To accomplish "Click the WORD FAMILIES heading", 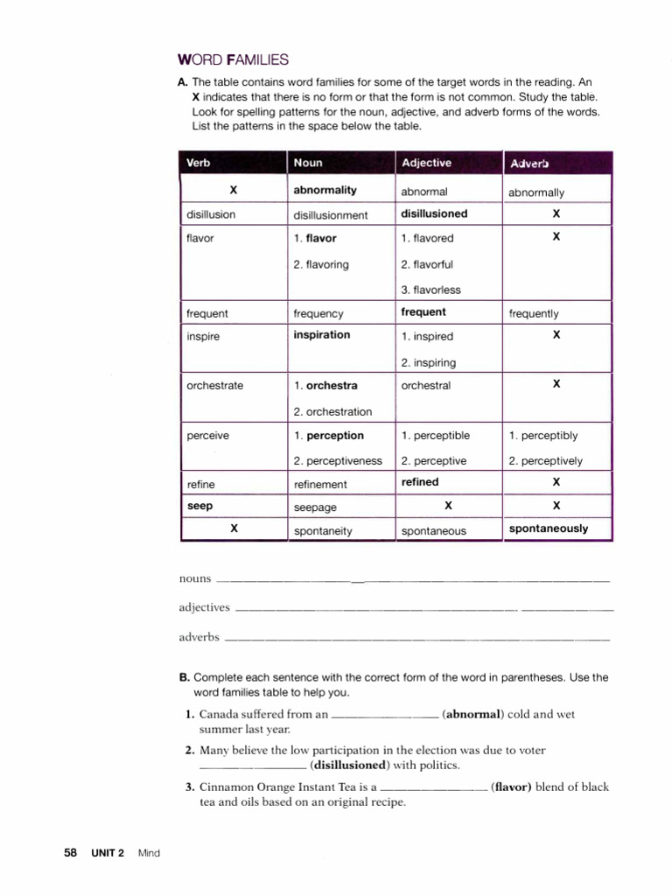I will coord(233,59).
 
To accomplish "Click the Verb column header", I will coord(199,163).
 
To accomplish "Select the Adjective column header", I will coord(426,163).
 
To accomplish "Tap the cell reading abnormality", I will coord(325,190).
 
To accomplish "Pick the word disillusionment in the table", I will coord(331,215).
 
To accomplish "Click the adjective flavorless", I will coord(430,290).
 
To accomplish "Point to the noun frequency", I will coord(318,313).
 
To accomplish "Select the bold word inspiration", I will coord(322,335).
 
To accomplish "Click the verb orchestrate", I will coord(215,386).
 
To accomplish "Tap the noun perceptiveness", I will coord(338,461).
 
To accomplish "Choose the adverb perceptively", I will coord(545,461).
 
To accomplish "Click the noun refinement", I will coord(320,484).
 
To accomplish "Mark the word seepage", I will coord(315,507).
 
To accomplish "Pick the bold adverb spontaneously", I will coord(549,528).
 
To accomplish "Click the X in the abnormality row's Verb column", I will coord(233,189).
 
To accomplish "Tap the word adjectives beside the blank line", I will coord(204,607).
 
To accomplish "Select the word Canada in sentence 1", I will coord(219,714).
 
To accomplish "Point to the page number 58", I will coord(71,853).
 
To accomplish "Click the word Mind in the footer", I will coord(150,853).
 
